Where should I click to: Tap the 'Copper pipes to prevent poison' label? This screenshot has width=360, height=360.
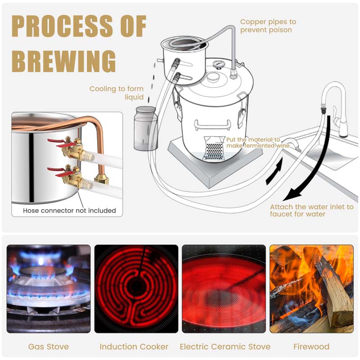point(268,26)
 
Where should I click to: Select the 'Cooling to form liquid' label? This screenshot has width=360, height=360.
point(117,93)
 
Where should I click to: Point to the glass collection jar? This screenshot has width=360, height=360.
point(145,128)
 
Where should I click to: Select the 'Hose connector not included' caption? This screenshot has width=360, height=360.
point(69,210)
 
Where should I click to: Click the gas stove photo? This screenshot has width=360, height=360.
point(48,288)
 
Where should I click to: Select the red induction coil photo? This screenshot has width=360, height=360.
point(136,288)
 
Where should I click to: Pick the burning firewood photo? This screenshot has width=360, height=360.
point(311,288)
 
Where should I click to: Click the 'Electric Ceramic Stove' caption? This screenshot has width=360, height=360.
point(225,346)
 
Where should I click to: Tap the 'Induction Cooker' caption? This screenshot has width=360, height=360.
point(134,346)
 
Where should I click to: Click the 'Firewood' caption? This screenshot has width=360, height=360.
point(311,346)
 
